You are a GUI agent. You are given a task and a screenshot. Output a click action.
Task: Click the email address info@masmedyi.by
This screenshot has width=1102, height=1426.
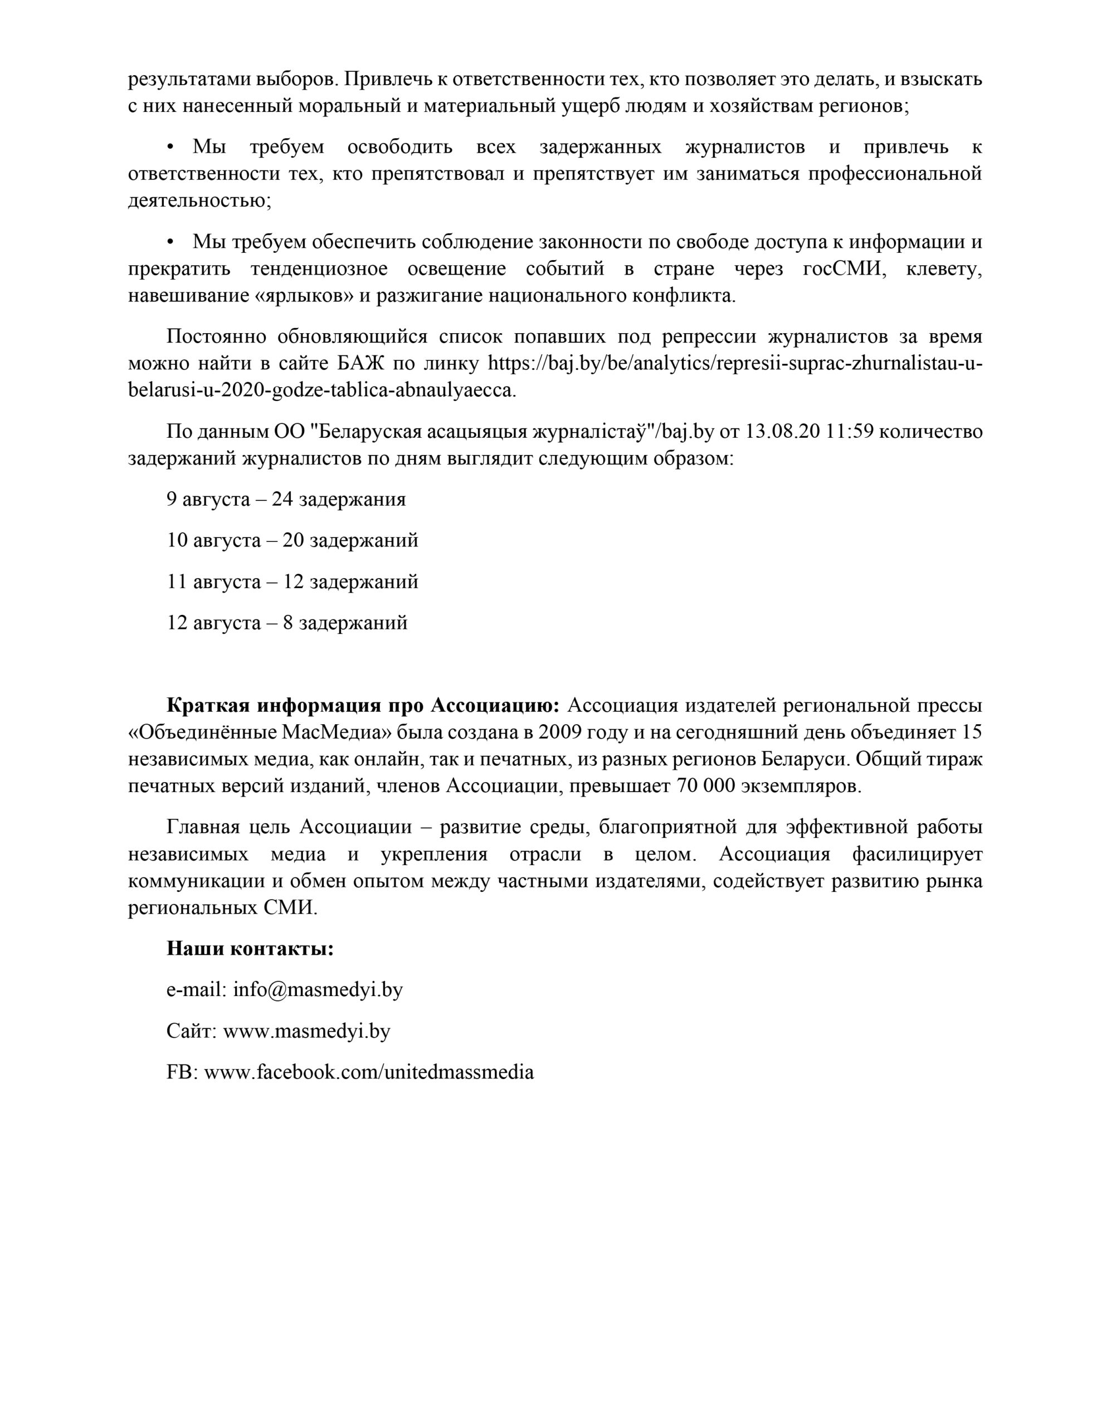point(318,990)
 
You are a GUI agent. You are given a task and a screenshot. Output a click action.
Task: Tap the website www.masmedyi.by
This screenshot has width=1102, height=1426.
point(306,1031)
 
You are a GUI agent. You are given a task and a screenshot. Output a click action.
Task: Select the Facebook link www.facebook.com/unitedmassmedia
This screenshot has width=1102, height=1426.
point(368,1072)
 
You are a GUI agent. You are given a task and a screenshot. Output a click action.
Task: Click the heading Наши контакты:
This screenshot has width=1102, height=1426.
point(250,949)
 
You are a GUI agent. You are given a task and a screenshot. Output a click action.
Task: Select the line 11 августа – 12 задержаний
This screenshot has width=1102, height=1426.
point(292,582)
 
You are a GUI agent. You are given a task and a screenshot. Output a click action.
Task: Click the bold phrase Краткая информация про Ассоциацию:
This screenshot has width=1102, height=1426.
point(363,706)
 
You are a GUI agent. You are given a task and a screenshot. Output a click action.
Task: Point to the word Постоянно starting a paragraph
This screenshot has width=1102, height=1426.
point(216,336)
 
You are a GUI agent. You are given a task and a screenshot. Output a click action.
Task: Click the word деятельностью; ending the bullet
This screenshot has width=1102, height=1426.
point(200,201)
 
